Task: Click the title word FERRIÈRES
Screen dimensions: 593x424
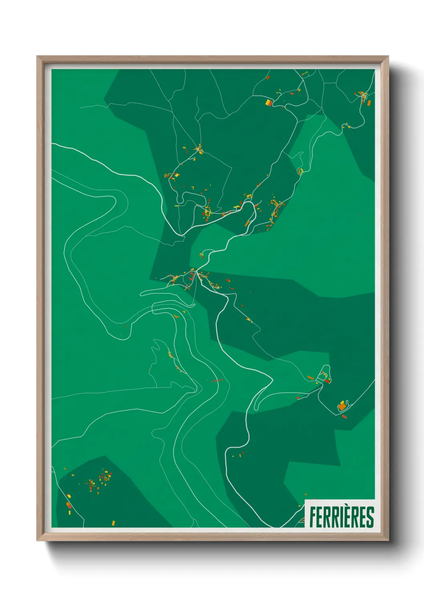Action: (x=341, y=517)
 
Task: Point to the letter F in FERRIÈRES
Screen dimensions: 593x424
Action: (x=313, y=517)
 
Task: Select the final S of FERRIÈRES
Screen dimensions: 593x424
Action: (x=370, y=517)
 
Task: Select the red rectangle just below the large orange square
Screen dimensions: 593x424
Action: (x=344, y=417)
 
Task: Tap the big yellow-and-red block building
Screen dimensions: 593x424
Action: (x=269, y=103)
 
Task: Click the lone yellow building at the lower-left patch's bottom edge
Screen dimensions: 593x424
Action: (x=113, y=522)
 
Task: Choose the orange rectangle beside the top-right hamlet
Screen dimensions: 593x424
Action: (x=369, y=103)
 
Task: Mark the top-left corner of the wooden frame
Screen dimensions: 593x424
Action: (x=37, y=56)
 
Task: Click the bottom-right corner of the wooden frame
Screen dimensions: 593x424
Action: (x=388, y=541)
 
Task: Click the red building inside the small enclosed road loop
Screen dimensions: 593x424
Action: (x=327, y=381)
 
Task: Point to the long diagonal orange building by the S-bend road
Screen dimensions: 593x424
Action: (x=248, y=223)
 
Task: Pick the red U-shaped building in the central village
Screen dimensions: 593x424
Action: (x=192, y=276)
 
